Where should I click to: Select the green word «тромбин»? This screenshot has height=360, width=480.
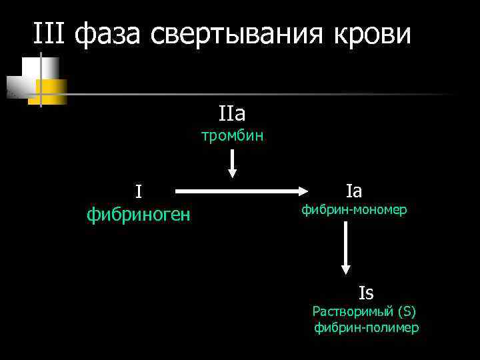click(233, 136)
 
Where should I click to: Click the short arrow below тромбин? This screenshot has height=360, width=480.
click(232, 163)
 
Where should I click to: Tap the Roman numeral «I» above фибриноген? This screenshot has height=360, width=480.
click(138, 192)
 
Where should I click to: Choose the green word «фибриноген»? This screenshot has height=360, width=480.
click(139, 215)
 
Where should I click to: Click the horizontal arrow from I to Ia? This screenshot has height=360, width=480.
click(240, 191)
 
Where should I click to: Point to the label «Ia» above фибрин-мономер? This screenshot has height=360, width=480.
click(354, 191)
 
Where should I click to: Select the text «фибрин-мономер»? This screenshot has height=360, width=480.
click(354, 211)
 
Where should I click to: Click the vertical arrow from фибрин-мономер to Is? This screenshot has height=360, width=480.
click(345, 247)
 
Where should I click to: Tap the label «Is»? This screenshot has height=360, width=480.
click(366, 293)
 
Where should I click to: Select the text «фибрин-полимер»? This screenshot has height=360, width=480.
click(366, 328)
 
